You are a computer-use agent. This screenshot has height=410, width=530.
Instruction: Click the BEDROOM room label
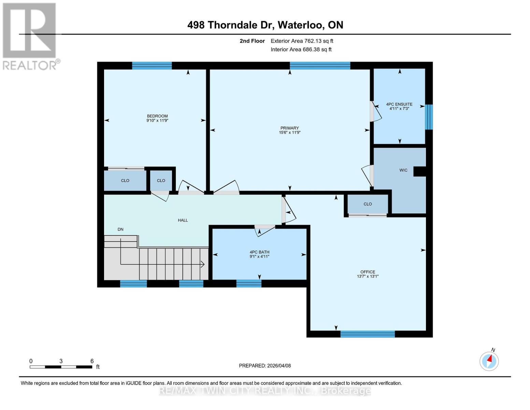click(157, 116)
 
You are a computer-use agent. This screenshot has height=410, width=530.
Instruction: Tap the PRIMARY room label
click(289, 128)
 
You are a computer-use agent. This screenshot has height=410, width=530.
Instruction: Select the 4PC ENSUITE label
click(399, 104)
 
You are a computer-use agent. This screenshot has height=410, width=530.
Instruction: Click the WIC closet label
click(403, 170)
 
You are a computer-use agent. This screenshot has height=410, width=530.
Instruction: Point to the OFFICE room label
click(368, 272)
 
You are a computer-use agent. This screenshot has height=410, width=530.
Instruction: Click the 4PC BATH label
click(259, 252)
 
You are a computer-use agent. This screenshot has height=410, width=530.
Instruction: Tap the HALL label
click(183, 220)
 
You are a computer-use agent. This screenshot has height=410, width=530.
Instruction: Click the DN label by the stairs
click(120, 229)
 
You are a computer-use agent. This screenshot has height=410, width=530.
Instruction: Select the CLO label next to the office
click(368, 204)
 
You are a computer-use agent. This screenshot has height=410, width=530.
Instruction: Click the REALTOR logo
click(30, 36)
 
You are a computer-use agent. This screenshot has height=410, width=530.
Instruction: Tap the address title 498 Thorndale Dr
click(265, 25)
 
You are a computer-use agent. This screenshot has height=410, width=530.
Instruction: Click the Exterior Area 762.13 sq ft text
click(302, 41)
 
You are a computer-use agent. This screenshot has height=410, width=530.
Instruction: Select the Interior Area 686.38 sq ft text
click(301, 50)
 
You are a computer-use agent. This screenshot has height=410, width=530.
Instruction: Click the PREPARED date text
click(265, 366)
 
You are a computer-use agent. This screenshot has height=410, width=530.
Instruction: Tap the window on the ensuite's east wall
click(429, 117)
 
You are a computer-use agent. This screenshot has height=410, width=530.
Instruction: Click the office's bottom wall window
click(368, 334)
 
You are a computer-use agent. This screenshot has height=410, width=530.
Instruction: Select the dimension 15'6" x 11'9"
click(289, 133)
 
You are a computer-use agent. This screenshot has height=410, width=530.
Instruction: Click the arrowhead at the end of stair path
click(203, 264)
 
